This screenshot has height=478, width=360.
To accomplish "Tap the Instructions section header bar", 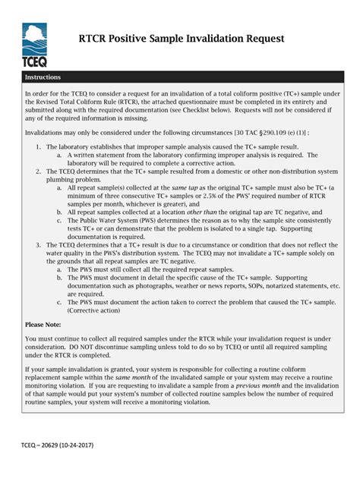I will [180, 77].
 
